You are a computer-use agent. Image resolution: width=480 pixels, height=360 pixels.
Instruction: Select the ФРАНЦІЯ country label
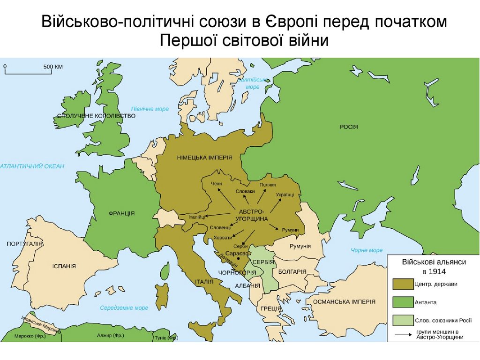[x=121, y=213]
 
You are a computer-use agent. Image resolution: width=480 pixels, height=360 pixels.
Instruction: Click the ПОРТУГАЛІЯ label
[x=25, y=244]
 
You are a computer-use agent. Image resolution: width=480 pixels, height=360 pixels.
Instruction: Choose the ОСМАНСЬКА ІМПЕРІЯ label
[x=344, y=301]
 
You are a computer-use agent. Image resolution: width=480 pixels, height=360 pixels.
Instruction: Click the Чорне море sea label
[x=367, y=250]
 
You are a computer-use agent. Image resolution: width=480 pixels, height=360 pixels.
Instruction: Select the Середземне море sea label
[x=124, y=308]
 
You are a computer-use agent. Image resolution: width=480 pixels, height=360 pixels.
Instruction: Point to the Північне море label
[x=150, y=109]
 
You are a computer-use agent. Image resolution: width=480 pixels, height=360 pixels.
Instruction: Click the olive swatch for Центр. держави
[x=402, y=284]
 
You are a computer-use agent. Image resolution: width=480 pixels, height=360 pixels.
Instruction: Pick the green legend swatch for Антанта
[x=402, y=301]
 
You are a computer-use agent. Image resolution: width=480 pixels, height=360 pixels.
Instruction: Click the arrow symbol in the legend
[x=402, y=335]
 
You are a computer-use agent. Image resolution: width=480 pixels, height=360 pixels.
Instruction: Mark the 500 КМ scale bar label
[x=53, y=67]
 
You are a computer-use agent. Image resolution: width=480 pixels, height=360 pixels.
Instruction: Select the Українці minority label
[x=285, y=194]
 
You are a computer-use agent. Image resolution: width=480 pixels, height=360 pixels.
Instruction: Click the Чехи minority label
[x=217, y=183]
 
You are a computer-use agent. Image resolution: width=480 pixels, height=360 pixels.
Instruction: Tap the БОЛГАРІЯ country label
[x=292, y=272]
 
